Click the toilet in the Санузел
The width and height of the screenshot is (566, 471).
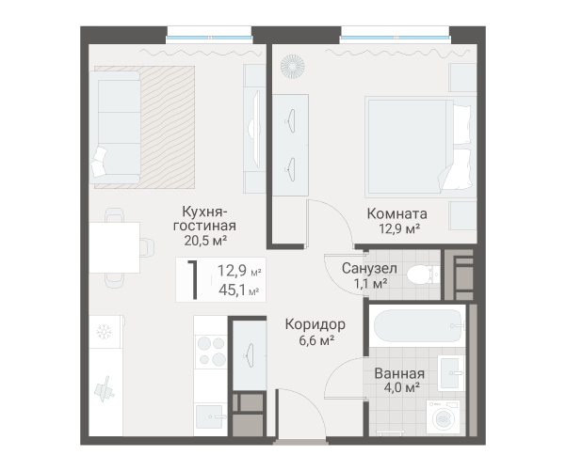[423, 275]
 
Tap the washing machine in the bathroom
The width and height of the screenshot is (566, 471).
[443, 416]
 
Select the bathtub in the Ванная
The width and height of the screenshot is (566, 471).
[418, 326]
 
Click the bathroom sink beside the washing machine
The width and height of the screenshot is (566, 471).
[451, 373]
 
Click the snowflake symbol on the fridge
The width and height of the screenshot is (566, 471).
[105, 332]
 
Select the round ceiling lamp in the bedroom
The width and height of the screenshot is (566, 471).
[292, 67]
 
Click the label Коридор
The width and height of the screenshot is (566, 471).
[315, 324]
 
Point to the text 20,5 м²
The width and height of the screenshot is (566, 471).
[205, 241]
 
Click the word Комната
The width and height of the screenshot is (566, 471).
[397, 213]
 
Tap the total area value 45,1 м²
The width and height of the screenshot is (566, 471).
[238, 290]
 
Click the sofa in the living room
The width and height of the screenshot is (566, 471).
[115, 127]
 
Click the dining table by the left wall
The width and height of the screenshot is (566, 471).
[115, 247]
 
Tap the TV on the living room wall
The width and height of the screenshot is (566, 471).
[256, 129]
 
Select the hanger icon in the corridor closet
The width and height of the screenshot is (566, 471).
[250, 355]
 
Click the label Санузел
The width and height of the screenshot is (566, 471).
[369, 269]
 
